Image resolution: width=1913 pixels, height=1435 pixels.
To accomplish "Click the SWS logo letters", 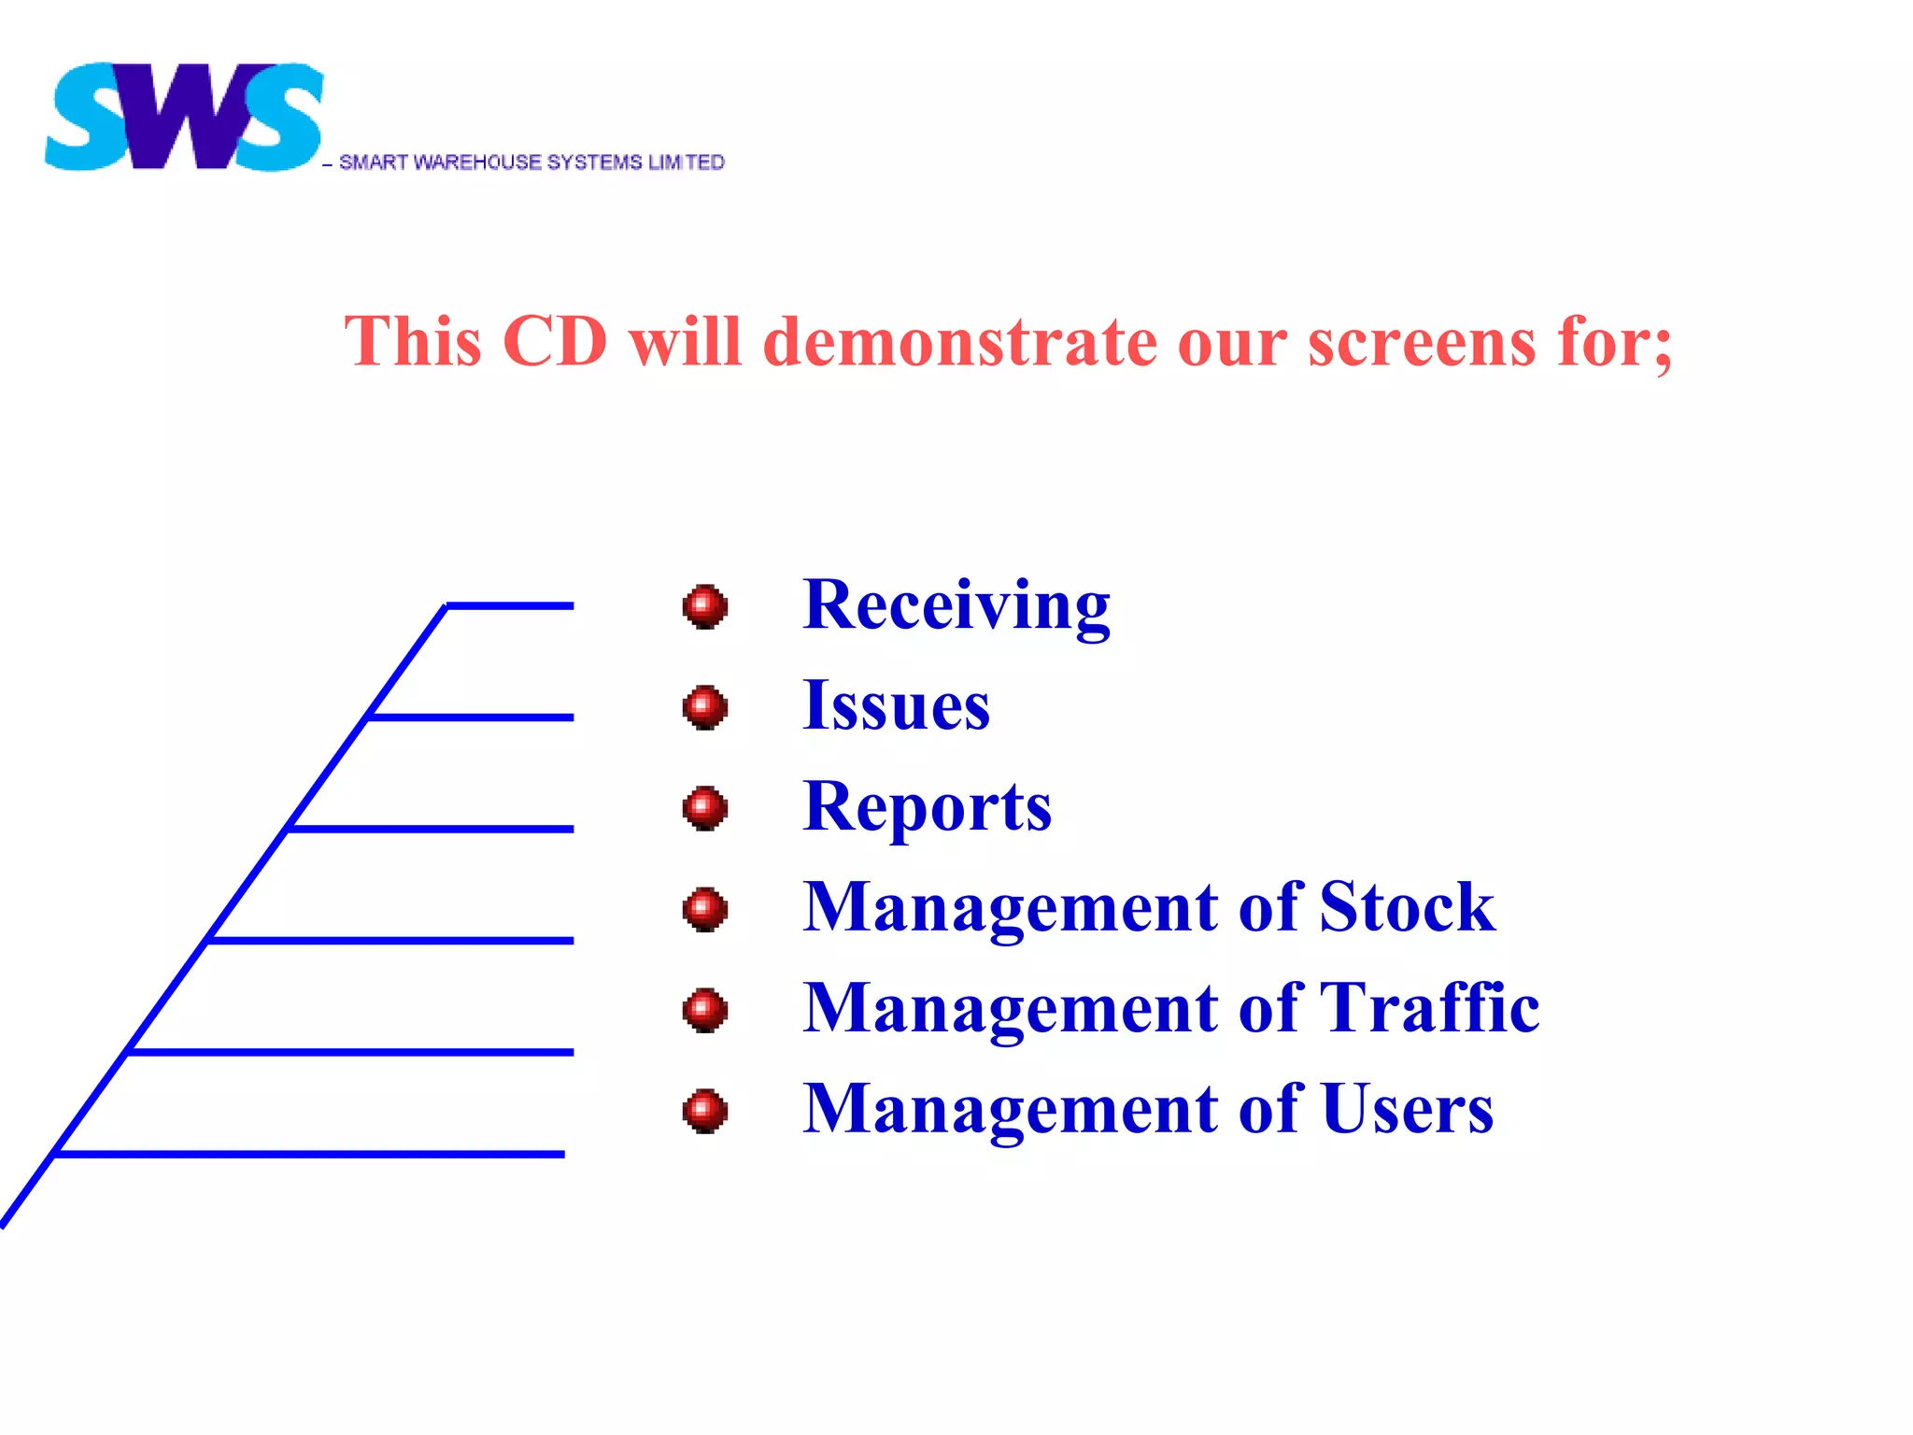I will point(184,118).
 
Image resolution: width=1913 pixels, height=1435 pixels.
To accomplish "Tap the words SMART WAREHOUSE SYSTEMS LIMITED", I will point(531,163).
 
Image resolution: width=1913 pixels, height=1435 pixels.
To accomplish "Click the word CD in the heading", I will point(555,341).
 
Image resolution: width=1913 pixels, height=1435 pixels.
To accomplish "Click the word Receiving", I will point(956,605).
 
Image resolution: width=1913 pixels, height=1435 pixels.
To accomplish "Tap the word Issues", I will point(896,705).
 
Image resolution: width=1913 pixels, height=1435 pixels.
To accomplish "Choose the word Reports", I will point(927,806).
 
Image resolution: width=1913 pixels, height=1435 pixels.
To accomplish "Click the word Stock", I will point(1407,907).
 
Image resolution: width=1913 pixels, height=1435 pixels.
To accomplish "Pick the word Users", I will point(1408,1109).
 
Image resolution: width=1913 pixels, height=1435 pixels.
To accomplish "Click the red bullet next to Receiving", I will point(705,607).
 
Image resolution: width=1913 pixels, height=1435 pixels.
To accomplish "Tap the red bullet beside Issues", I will point(705,707).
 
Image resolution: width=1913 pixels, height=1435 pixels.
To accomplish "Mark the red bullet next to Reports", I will point(705,808).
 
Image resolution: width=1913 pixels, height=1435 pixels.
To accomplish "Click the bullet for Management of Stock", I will point(705,909).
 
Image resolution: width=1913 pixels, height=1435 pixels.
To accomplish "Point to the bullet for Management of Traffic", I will point(705,1010).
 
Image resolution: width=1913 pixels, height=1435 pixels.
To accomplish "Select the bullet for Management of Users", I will point(705,1111).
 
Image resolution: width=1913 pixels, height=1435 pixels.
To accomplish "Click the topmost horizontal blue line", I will point(510,606).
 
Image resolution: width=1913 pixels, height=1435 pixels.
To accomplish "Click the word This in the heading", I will point(413,341).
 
